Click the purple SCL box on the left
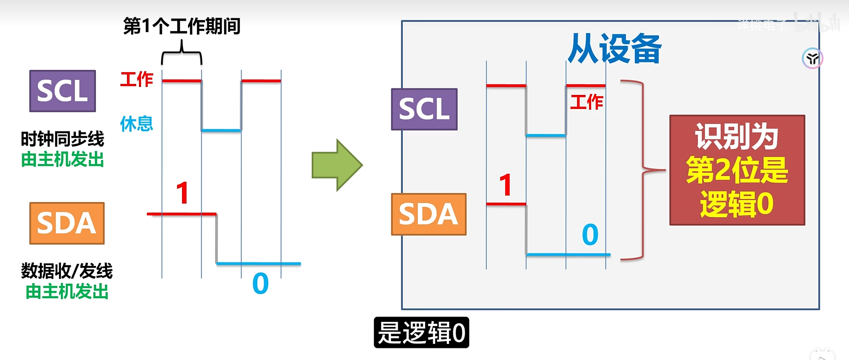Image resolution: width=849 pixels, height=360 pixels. (x=62, y=91)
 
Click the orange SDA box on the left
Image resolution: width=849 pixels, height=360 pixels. (x=67, y=223)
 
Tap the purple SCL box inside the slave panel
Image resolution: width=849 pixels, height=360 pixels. (x=424, y=109)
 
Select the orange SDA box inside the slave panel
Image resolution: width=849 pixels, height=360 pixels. (x=428, y=214)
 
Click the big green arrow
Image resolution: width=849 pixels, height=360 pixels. (x=337, y=165)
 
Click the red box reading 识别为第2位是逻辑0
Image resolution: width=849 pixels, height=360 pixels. (x=737, y=170)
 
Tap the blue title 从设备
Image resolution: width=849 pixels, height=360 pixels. (x=614, y=48)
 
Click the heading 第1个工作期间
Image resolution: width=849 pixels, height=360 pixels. (x=182, y=26)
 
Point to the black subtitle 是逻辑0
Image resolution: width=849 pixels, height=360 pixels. (x=421, y=333)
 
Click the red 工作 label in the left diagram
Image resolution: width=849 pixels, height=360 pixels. (x=137, y=79)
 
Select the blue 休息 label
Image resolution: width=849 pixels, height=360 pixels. (x=136, y=123)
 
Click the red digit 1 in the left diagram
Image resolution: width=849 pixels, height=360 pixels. (x=182, y=193)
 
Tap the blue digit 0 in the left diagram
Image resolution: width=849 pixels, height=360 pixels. (x=260, y=284)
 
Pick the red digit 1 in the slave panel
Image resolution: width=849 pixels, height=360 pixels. (x=505, y=185)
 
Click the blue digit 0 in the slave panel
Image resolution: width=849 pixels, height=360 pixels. (x=590, y=234)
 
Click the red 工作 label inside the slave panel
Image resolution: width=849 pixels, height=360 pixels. (x=586, y=102)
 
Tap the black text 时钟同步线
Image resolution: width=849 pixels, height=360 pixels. (x=62, y=139)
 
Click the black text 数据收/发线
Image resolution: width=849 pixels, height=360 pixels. (x=67, y=271)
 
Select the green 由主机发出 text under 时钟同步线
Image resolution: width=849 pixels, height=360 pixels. (x=62, y=159)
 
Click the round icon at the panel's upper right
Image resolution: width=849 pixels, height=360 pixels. (x=812, y=58)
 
